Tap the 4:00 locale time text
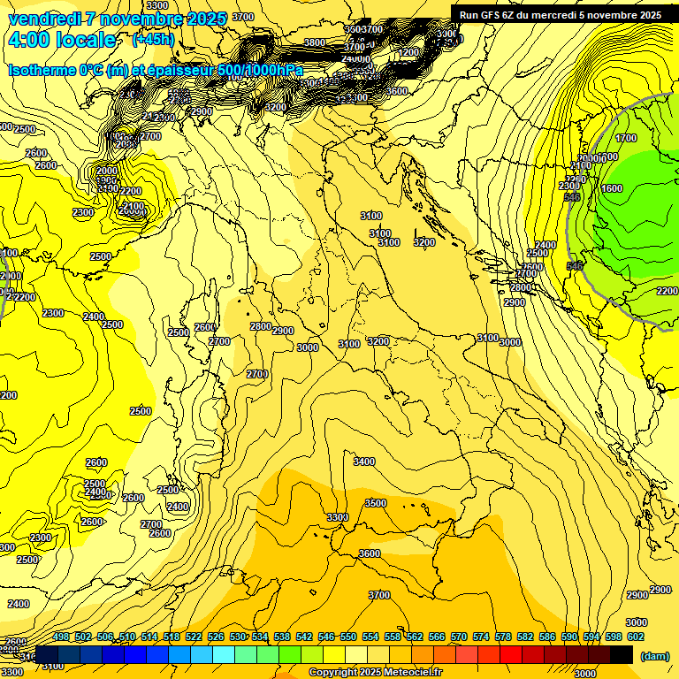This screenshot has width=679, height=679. click(61, 40)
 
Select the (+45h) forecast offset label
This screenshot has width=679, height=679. click(153, 40)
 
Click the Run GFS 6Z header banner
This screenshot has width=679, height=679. click(560, 15)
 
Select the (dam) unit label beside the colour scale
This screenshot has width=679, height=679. click(653, 656)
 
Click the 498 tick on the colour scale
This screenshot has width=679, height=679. click(61, 637)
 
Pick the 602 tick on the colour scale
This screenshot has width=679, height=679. click(636, 637)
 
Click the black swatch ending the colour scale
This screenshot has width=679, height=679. click(622, 654)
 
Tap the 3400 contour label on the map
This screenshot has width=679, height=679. click(363, 462)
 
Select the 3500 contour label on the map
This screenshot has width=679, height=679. click(375, 503)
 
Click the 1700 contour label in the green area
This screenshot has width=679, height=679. click(625, 138)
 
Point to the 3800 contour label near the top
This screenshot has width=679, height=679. click(314, 42)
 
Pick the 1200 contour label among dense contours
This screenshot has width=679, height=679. click(408, 52)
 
